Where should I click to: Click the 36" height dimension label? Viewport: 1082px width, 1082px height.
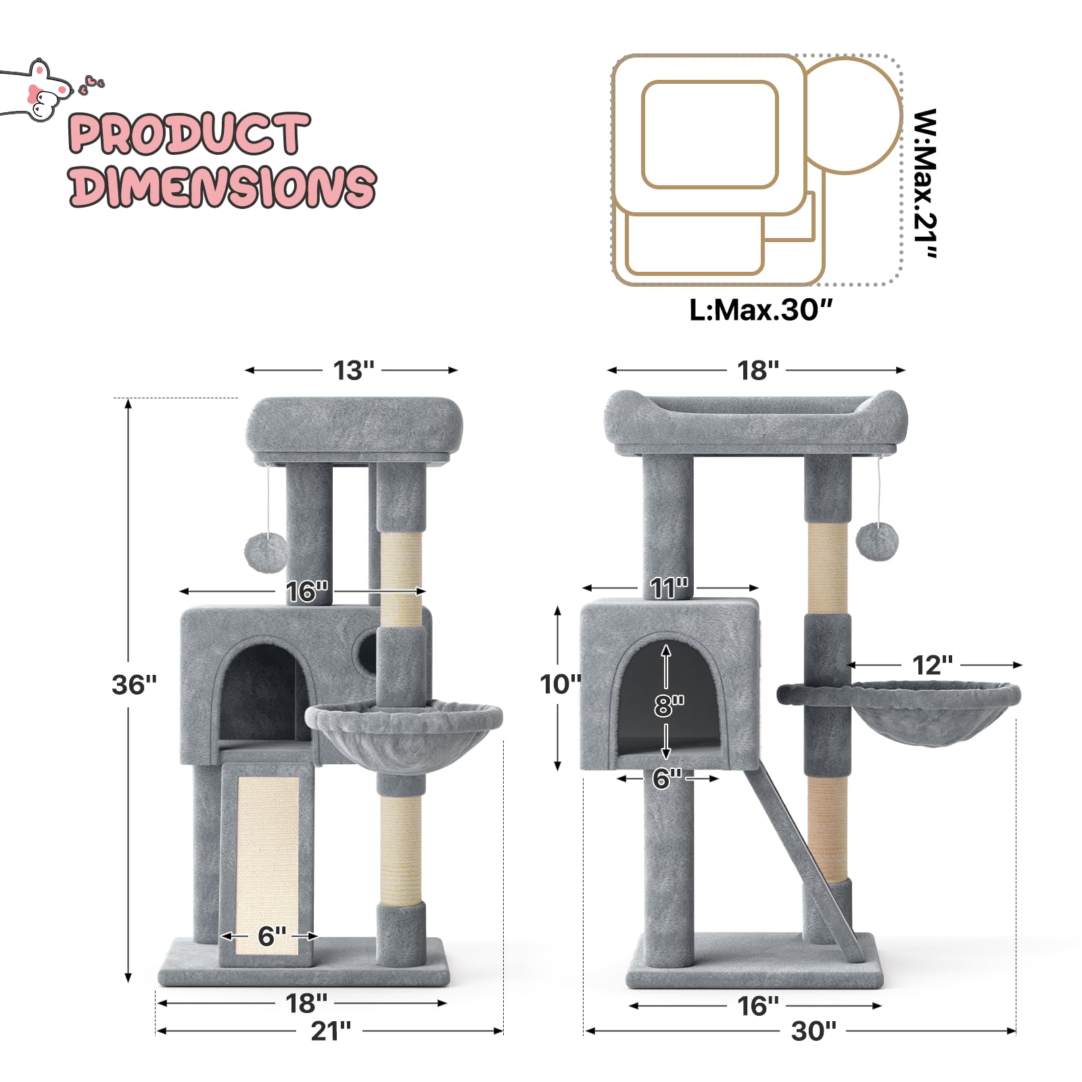(x=134, y=685)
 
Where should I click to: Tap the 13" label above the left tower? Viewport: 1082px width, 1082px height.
(x=353, y=371)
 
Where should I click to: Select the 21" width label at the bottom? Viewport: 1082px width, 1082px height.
(x=331, y=1031)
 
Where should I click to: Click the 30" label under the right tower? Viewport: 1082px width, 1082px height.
(x=814, y=1031)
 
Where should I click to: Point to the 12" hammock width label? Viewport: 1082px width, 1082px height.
(x=933, y=665)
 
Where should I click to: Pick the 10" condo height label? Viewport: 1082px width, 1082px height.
(x=560, y=684)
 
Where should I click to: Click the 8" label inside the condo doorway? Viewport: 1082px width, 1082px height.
(x=668, y=705)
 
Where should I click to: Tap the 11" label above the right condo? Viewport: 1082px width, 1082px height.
(x=669, y=588)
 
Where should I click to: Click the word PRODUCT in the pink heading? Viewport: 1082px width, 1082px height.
(x=189, y=134)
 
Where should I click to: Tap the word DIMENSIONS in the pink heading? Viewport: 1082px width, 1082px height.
(x=222, y=186)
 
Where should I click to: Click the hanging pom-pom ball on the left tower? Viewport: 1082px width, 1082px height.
(x=266, y=552)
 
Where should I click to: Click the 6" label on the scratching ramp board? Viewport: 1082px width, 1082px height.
(x=272, y=937)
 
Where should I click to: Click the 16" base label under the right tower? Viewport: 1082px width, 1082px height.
(x=757, y=1006)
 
